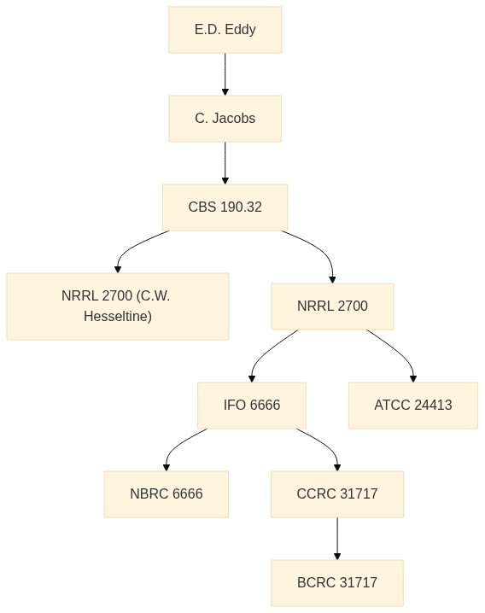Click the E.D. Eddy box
click(225, 30)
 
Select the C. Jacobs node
click(225, 119)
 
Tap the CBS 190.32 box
click(225, 207)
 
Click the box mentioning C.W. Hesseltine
click(118, 306)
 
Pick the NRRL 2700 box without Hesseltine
click(332, 306)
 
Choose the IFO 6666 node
click(252, 405)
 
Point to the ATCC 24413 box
click(413, 405)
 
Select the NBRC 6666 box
click(167, 493)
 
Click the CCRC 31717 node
click(337, 493)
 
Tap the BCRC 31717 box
click(337, 582)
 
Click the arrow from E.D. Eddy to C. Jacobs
click(225, 74)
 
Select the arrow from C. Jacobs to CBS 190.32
click(225, 162)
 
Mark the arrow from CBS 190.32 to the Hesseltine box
click(133, 246)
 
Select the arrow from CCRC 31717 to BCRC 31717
click(337, 539)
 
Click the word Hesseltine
click(118, 316)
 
